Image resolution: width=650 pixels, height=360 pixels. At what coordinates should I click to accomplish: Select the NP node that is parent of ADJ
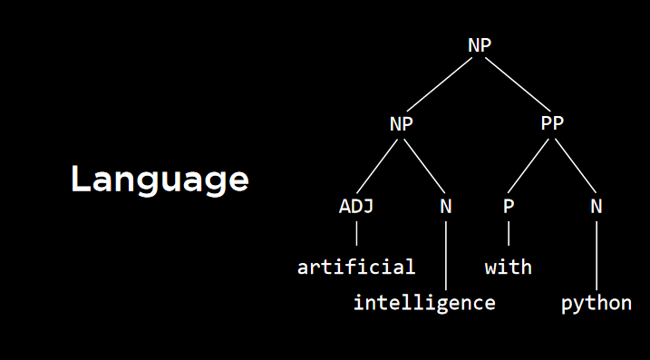coord(401,125)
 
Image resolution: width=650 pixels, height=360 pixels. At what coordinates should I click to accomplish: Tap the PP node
coord(552,125)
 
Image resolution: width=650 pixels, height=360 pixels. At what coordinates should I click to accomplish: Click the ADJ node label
coord(356,206)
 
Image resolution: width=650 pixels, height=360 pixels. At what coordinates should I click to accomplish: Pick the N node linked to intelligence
coord(445,206)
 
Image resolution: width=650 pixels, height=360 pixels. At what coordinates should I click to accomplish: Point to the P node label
coord(509,206)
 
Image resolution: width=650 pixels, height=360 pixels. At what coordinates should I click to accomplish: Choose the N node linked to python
coord(596,206)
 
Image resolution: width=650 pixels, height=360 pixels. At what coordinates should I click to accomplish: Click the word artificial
coord(356,267)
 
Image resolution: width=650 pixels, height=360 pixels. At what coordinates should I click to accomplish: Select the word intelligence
coord(424,302)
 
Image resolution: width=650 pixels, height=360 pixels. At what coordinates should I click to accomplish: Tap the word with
coord(509,267)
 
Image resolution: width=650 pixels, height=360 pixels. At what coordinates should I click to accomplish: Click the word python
coord(596,302)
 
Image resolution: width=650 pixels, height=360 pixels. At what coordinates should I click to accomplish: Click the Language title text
coord(160,179)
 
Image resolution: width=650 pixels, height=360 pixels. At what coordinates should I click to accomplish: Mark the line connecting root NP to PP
coord(516,85)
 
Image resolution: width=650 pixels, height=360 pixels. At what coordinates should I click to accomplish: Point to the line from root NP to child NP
coord(441,85)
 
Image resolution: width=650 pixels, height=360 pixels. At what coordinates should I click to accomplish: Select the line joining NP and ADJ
coord(378,166)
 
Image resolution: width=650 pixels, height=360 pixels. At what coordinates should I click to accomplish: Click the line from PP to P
coord(530,166)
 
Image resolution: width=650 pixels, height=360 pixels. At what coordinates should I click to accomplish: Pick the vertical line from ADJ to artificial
coord(356,234)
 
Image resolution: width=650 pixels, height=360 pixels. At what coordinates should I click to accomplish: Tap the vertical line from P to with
coord(509,234)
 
